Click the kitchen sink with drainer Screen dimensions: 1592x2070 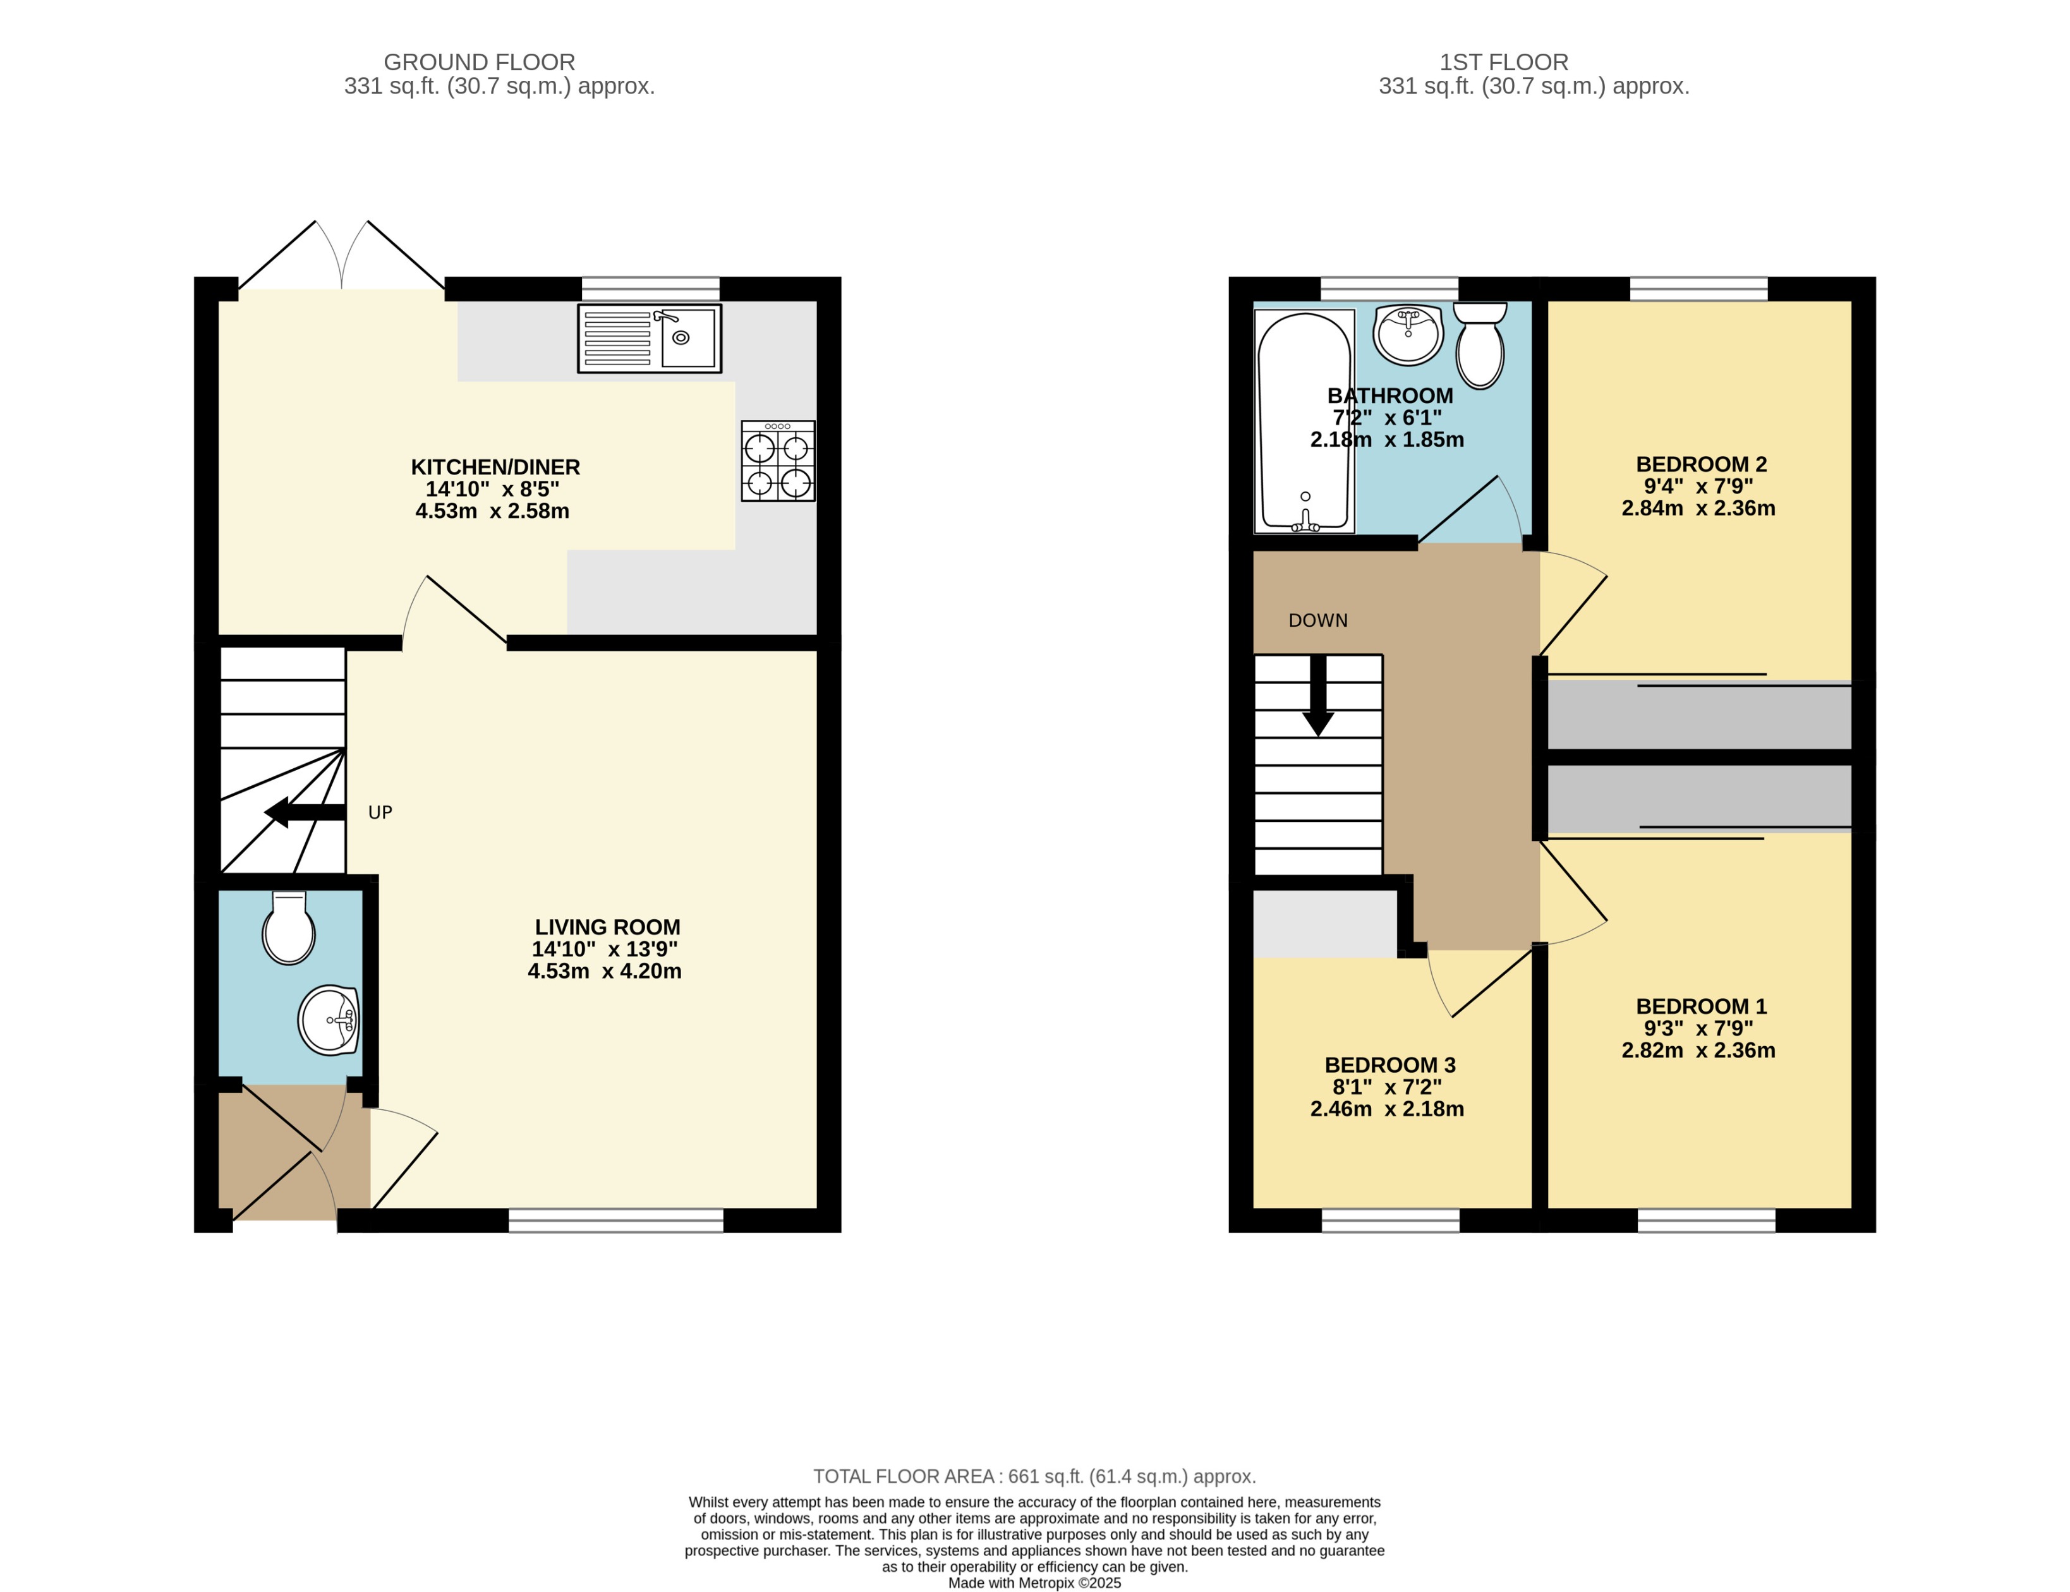[650, 339]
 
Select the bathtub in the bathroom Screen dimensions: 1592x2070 [1304, 422]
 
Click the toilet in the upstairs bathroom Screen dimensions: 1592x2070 [1480, 347]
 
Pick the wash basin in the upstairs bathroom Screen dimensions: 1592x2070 [1408, 335]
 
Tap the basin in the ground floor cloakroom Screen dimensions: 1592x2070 [329, 1021]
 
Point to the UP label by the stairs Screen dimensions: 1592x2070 [380, 812]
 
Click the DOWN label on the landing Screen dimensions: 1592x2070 [1317, 620]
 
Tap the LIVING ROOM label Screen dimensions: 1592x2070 [608, 927]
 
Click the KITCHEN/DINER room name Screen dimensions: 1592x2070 [495, 467]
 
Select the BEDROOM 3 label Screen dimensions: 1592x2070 [1389, 1065]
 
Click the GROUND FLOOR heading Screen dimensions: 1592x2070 [479, 63]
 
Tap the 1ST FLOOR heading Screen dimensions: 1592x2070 [1503, 63]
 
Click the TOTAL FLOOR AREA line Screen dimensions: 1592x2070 [1034, 1476]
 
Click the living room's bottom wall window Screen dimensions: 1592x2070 [616, 1221]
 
